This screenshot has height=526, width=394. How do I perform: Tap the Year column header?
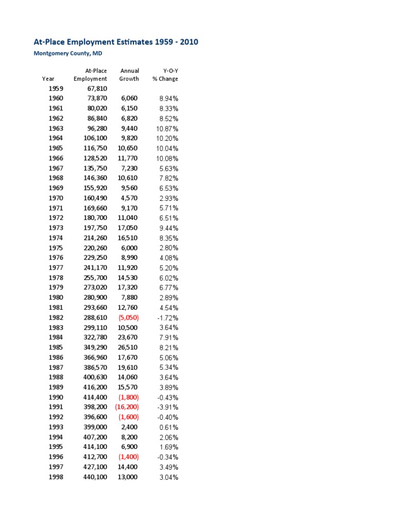click(48, 79)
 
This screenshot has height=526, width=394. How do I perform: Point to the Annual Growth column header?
click(129, 74)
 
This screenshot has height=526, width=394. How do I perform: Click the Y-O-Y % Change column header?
click(165, 74)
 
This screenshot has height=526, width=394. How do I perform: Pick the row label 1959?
click(56, 88)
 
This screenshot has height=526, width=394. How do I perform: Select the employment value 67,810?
click(97, 88)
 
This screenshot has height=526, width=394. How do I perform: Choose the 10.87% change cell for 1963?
click(167, 128)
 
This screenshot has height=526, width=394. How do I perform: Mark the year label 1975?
click(56, 248)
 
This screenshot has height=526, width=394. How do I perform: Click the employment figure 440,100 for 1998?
click(95, 477)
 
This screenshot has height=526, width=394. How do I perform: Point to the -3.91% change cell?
click(167, 407)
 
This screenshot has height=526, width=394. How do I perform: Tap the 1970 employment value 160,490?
click(95, 198)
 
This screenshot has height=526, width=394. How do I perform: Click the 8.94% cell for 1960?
click(168, 98)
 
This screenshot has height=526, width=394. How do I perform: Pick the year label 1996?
click(56, 457)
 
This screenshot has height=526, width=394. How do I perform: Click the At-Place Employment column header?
click(90, 74)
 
